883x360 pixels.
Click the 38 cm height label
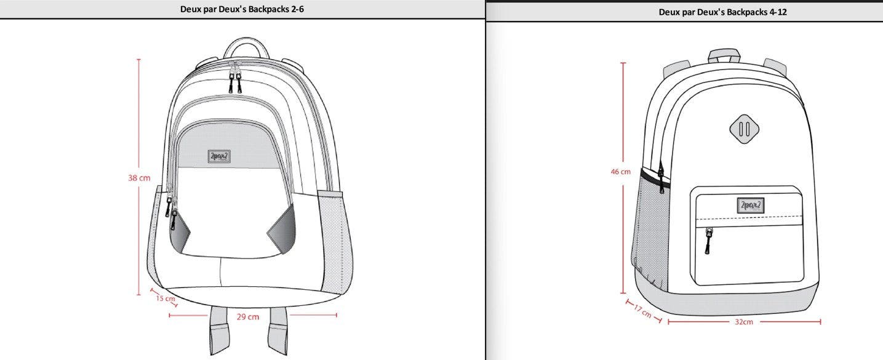click(139, 178)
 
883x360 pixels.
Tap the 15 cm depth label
click(165, 299)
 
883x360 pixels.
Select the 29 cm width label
click(248, 316)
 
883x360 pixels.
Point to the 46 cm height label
click(620, 172)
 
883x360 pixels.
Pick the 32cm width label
click(743, 322)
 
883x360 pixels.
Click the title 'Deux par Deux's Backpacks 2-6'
click(242, 9)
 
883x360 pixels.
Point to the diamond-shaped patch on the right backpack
click(744, 129)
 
